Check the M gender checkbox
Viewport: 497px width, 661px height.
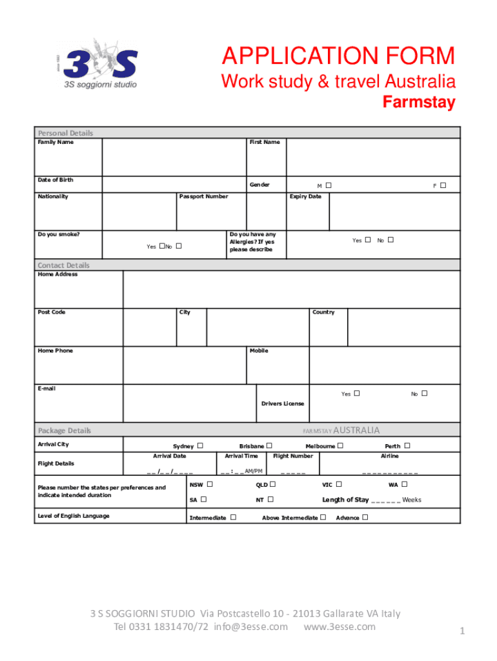329,185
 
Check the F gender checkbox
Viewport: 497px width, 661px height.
443,185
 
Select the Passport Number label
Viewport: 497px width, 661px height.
203,196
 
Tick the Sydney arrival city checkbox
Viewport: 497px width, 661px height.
200,446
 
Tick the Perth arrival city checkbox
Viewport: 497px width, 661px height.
407,445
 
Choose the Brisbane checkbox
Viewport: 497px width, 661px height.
269,445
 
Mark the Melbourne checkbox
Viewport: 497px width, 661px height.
340,445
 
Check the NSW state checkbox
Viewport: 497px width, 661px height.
210,484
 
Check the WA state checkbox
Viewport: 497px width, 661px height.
404,484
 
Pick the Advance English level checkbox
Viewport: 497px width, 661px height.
365,517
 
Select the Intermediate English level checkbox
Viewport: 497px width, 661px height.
233,517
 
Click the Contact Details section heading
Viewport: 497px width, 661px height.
64,265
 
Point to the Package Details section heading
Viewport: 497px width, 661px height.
65,431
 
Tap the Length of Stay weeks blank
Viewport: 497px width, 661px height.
386,500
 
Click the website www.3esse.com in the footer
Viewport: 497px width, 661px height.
339,627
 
